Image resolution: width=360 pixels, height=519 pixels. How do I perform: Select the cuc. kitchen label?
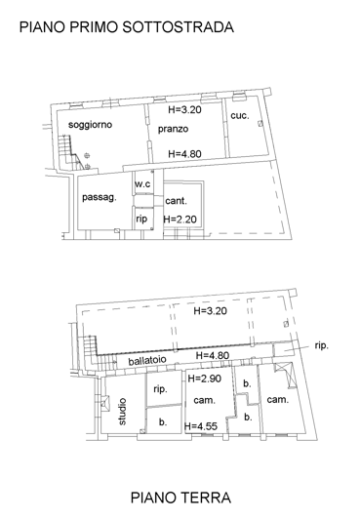pyautogui.click(x=240, y=116)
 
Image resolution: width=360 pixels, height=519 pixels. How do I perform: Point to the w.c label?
pyautogui.click(x=142, y=183)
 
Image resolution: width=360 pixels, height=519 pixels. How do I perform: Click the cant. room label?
pyautogui.click(x=177, y=201)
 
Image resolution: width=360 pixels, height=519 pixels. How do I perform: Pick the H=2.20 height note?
pyautogui.click(x=181, y=219)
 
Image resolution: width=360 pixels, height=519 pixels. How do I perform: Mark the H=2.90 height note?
pyautogui.click(x=208, y=378)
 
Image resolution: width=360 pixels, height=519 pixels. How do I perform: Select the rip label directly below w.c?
pyautogui.click(x=141, y=219)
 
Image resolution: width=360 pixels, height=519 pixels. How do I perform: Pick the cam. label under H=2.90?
pyautogui.click(x=204, y=401)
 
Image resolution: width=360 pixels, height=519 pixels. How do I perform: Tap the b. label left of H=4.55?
pyautogui.click(x=162, y=422)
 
